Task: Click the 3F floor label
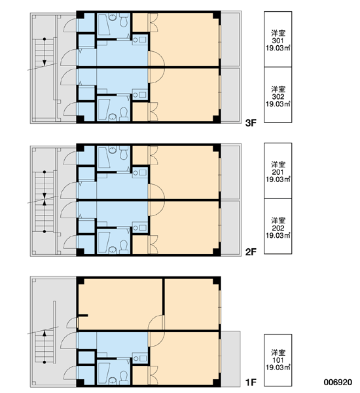[251, 123]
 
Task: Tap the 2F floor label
[251, 252]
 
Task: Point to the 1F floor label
[251, 383]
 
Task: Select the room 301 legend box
[278, 39]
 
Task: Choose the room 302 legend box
[278, 95]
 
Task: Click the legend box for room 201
[278, 171]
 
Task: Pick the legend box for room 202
[278, 227]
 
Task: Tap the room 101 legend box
[278, 360]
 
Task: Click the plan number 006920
[338, 383]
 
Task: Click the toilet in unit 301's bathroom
[124, 20]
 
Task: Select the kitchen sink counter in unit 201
[140, 172]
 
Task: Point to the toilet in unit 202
[124, 246]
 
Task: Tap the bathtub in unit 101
[103, 373]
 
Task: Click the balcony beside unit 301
[231, 39]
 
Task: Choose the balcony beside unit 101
[231, 359]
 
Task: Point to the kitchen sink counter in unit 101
[140, 358]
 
